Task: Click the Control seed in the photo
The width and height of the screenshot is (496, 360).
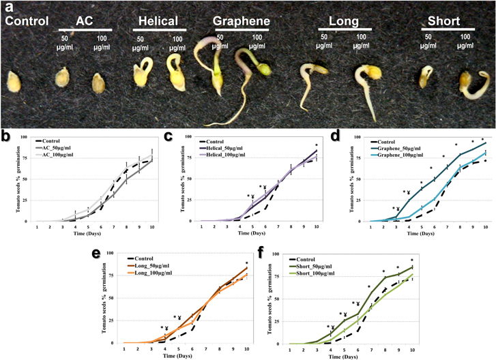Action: [x=14, y=82]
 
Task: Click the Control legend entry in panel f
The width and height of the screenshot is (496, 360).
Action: [x=319, y=255]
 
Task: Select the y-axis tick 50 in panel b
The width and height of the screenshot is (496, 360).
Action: [x=25, y=179]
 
